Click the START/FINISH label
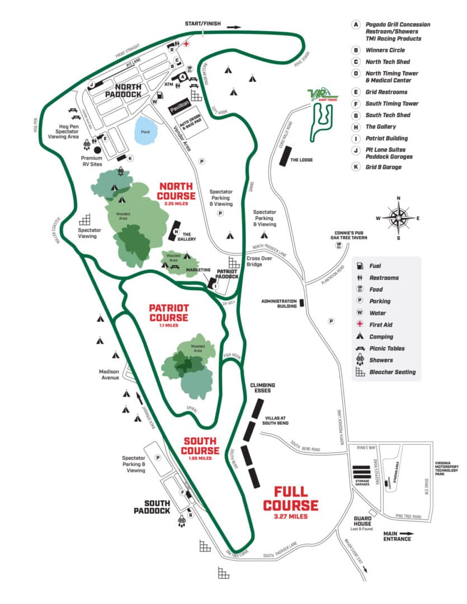(x=203, y=24)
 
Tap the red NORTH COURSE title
(x=177, y=191)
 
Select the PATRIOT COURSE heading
(x=169, y=313)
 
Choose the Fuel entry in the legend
(x=375, y=266)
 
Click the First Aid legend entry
(x=380, y=325)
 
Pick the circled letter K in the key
(x=355, y=167)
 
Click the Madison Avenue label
(x=110, y=375)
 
